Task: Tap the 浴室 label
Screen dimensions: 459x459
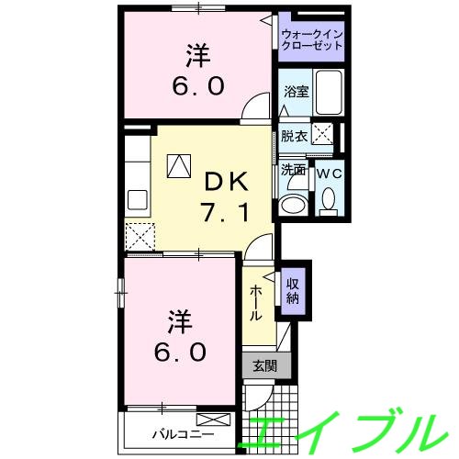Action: (295, 93)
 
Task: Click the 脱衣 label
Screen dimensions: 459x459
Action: (293, 136)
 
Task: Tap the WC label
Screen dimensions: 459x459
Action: (328, 172)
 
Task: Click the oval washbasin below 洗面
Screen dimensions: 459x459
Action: (295, 204)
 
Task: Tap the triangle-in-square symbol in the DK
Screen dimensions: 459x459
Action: (178, 166)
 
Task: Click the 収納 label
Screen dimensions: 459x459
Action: (292, 291)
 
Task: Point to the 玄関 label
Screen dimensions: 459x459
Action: (264, 365)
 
